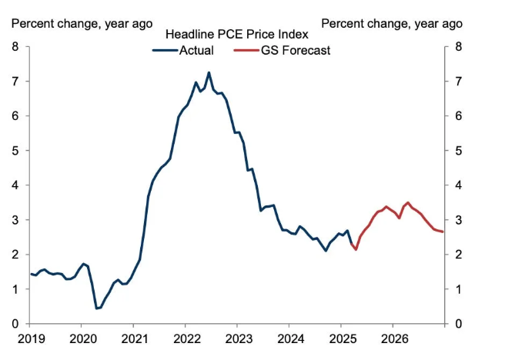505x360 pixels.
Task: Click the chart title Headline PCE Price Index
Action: pyautogui.click(x=237, y=35)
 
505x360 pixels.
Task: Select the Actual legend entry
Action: pyautogui.click(x=196, y=51)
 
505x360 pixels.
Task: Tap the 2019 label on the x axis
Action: pyautogui.click(x=30, y=338)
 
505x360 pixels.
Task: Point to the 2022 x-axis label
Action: pyautogui.click(x=186, y=338)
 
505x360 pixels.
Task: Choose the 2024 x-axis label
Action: pyautogui.click(x=290, y=338)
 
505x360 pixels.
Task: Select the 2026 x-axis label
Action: pyautogui.click(x=394, y=338)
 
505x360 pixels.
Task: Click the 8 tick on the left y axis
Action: pyautogui.click(x=15, y=47)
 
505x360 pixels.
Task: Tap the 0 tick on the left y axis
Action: pyautogui.click(x=15, y=324)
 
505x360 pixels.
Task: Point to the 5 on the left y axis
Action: pyautogui.click(x=15, y=151)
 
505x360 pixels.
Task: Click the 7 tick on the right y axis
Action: pyautogui.click(x=459, y=82)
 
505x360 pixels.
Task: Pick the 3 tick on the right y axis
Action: pyautogui.click(x=459, y=220)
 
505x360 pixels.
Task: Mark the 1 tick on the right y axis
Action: pyautogui.click(x=459, y=289)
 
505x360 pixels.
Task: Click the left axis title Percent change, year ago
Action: pyautogui.click(x=81, y=23)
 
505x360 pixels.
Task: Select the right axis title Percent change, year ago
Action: pyautogui.click(x=392, y=23)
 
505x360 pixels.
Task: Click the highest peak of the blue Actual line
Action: pyautogui.click(x=209, y=73)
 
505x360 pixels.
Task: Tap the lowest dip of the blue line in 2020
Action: pyautogui.click(x=96, y=308)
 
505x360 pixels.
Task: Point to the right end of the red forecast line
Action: pyautogui.click(x=443, y=232)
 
